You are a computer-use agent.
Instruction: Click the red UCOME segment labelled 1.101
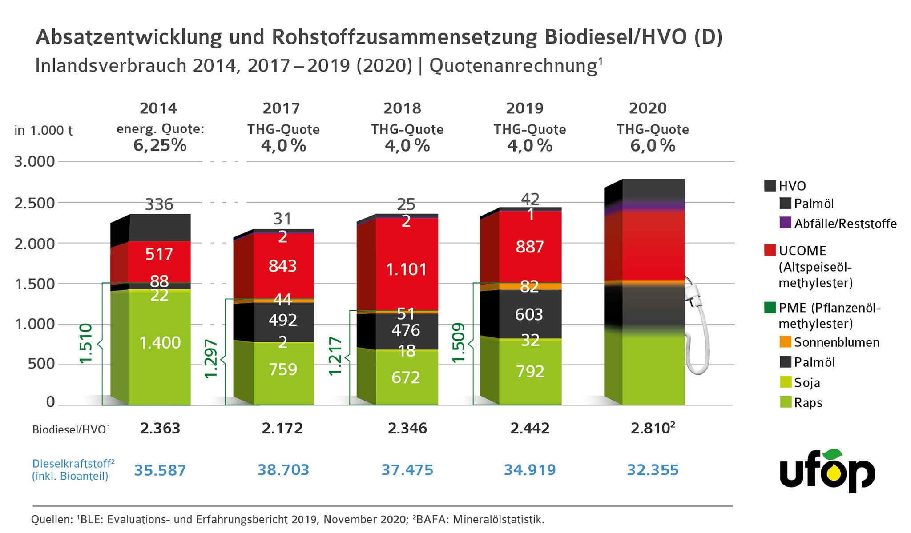click(x=407, y=269)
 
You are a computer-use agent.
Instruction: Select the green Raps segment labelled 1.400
click(x=160, y=343)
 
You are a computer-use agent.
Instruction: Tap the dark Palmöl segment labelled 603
click(x=529, y=314)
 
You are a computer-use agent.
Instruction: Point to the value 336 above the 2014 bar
click(x=159, y=204)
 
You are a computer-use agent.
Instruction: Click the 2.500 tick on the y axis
click(x=35, y=203)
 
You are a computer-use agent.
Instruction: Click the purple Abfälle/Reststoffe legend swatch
click(x=786, y=223)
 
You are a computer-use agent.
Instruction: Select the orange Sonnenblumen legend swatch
click(x=786, y=342)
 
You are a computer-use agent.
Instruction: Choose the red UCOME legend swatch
click(x=770, y=250)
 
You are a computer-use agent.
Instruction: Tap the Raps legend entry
click(x=808, y=403)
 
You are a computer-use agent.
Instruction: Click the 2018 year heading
click(x=402, y=108)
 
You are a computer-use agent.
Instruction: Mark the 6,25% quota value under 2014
click(x=160, y=145)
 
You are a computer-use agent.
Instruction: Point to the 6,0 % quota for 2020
click(x=653, y=146)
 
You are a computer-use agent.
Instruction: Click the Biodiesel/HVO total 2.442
click(x=530, y=429)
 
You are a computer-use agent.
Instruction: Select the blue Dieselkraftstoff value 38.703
click(x=283, y=470)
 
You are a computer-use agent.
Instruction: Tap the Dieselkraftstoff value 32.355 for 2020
click(x=653, y=470)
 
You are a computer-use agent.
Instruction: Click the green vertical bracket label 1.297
click(x=211, y=359)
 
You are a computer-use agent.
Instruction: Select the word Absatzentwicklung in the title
click(x=129, y=37)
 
